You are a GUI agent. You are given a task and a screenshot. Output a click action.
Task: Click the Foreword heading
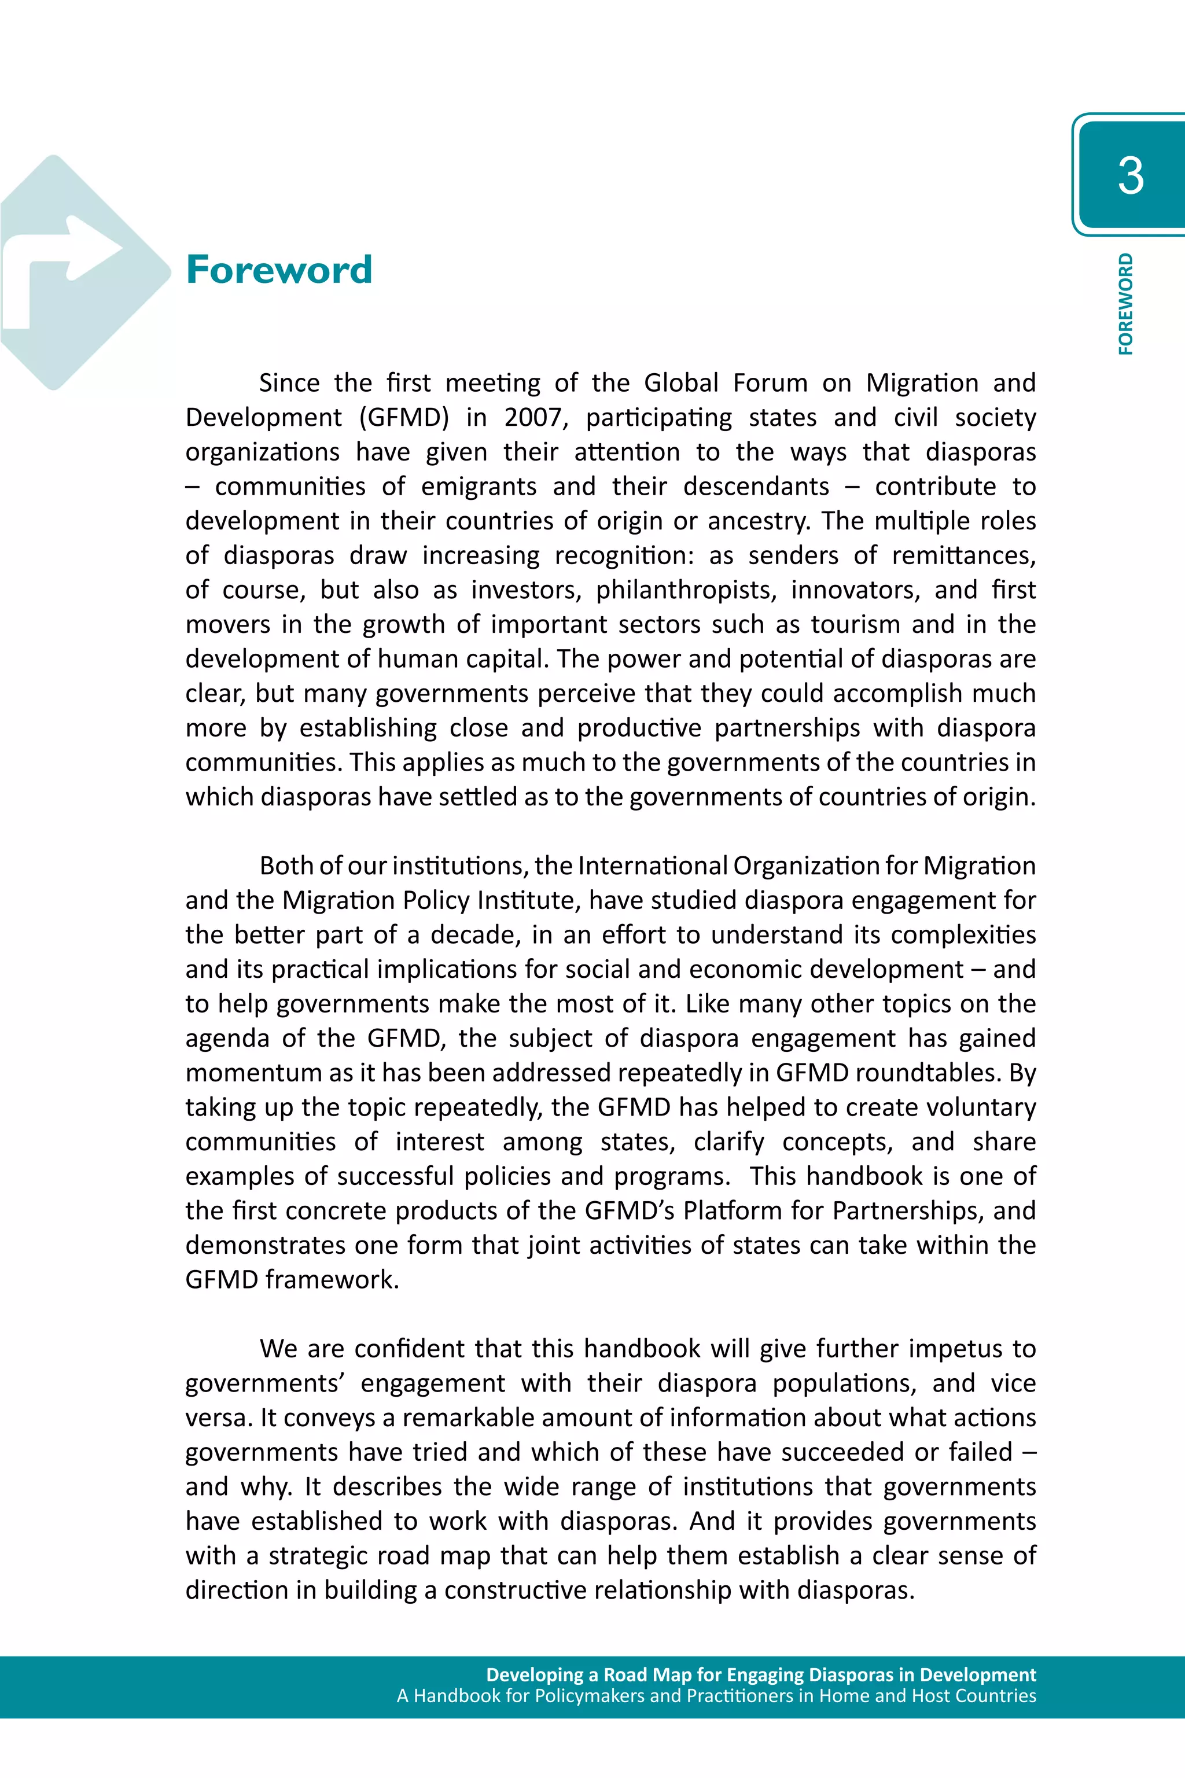point(279,270)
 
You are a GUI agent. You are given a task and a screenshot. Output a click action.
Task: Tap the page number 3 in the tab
point(1130,176)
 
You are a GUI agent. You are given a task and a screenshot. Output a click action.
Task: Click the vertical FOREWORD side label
point(1125,304)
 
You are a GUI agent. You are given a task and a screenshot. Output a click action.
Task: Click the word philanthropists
point(686,590)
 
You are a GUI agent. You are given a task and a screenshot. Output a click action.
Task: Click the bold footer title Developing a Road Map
point(760,1675)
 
